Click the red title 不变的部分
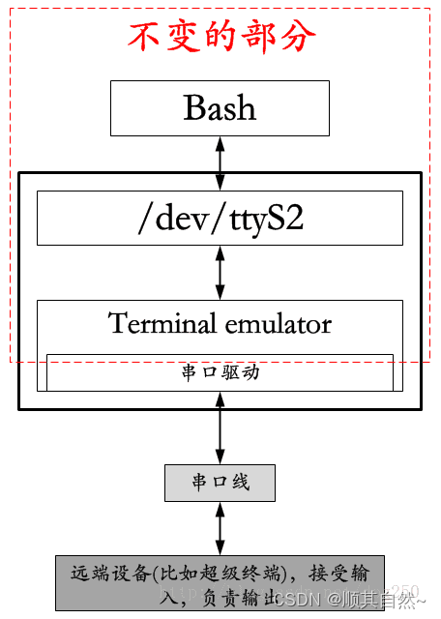coord(221,37)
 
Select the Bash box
coord(220,107)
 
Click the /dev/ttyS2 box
coord(220,218)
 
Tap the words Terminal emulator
coord(220,323)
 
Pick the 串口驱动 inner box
coord(220,372)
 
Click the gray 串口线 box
coord(220,482)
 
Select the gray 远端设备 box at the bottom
coord(220,583)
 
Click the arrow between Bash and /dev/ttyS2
coord(220,162)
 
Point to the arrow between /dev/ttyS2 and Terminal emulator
coord(220,272)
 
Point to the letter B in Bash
coord(193,107)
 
